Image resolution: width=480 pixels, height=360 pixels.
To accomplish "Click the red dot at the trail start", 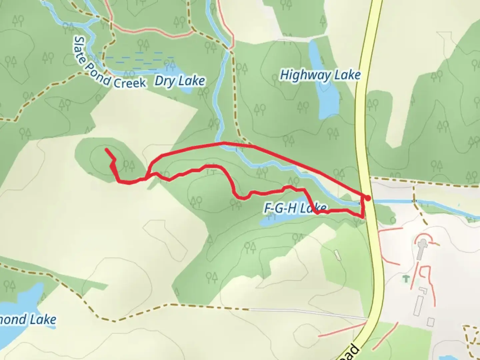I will (x=368, y=198).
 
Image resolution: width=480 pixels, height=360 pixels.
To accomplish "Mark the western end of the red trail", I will (x=106, y=150).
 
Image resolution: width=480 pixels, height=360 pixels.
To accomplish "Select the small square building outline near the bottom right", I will (x=430, y=322).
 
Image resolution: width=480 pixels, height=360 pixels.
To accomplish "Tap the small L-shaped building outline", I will (x=423, y=292).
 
